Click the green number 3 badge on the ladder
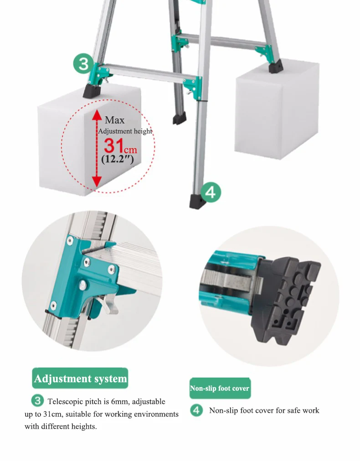pos(83,63)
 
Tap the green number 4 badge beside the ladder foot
pos(211,192)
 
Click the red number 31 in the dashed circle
pos(113,145)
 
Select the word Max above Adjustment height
pos(115,120)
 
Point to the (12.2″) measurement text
pos(118,159)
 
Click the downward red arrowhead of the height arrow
pos(97,181)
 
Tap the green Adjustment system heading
pos(80,378)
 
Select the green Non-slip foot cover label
pos(220,388)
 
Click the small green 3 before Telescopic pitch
pos(38,401)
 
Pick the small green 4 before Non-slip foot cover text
pos(196,410)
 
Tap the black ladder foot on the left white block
pos(92,91)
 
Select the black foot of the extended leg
pos(197,202)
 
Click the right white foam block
pos(276,110)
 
